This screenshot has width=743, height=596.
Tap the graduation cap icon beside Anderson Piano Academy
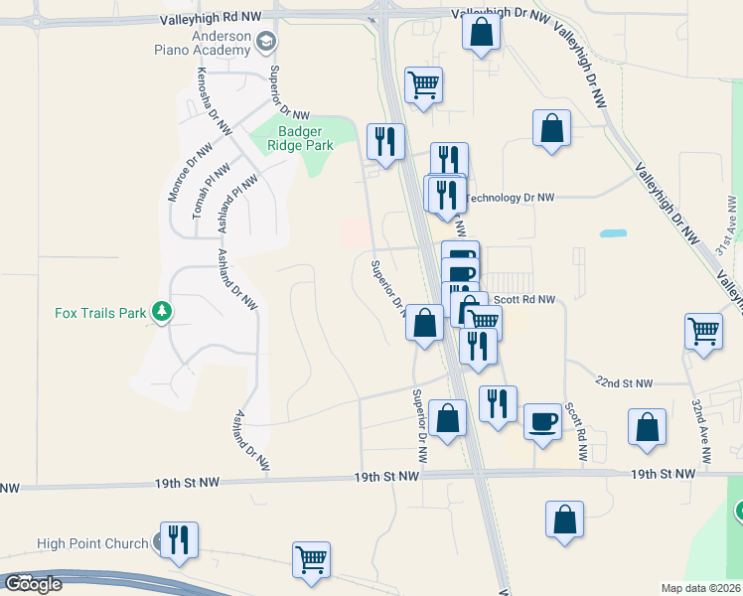pos(266,42)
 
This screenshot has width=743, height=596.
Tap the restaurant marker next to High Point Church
pos(179,539)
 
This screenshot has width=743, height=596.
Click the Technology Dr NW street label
pos(510,198)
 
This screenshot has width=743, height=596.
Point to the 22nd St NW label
pos(625,383)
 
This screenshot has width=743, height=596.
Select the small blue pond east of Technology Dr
pos(613,233)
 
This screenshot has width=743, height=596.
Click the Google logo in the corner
pos(34,584)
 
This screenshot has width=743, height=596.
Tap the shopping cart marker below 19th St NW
pos(311,559)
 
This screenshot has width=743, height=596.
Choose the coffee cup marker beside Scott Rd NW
pos(542,421)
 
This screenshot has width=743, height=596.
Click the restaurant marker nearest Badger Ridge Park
pos(385,141)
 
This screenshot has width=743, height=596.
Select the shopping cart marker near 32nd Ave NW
pos(703,330)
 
